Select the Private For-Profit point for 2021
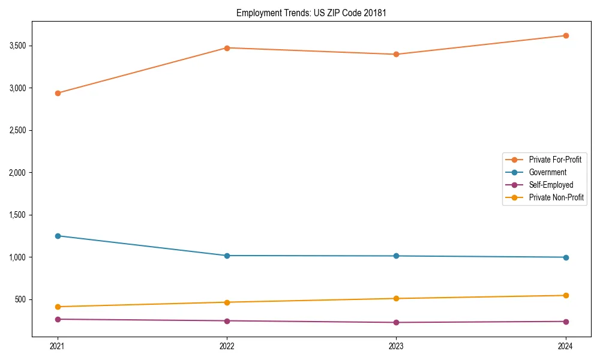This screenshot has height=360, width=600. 58,93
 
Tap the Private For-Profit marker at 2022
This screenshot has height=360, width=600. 227,48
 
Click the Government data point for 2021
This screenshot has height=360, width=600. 58,236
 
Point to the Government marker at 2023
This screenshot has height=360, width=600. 396,256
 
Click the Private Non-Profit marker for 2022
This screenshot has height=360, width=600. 227,302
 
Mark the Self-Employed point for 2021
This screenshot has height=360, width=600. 58,319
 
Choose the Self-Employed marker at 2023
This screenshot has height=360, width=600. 396,323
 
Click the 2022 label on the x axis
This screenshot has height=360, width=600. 227,346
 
